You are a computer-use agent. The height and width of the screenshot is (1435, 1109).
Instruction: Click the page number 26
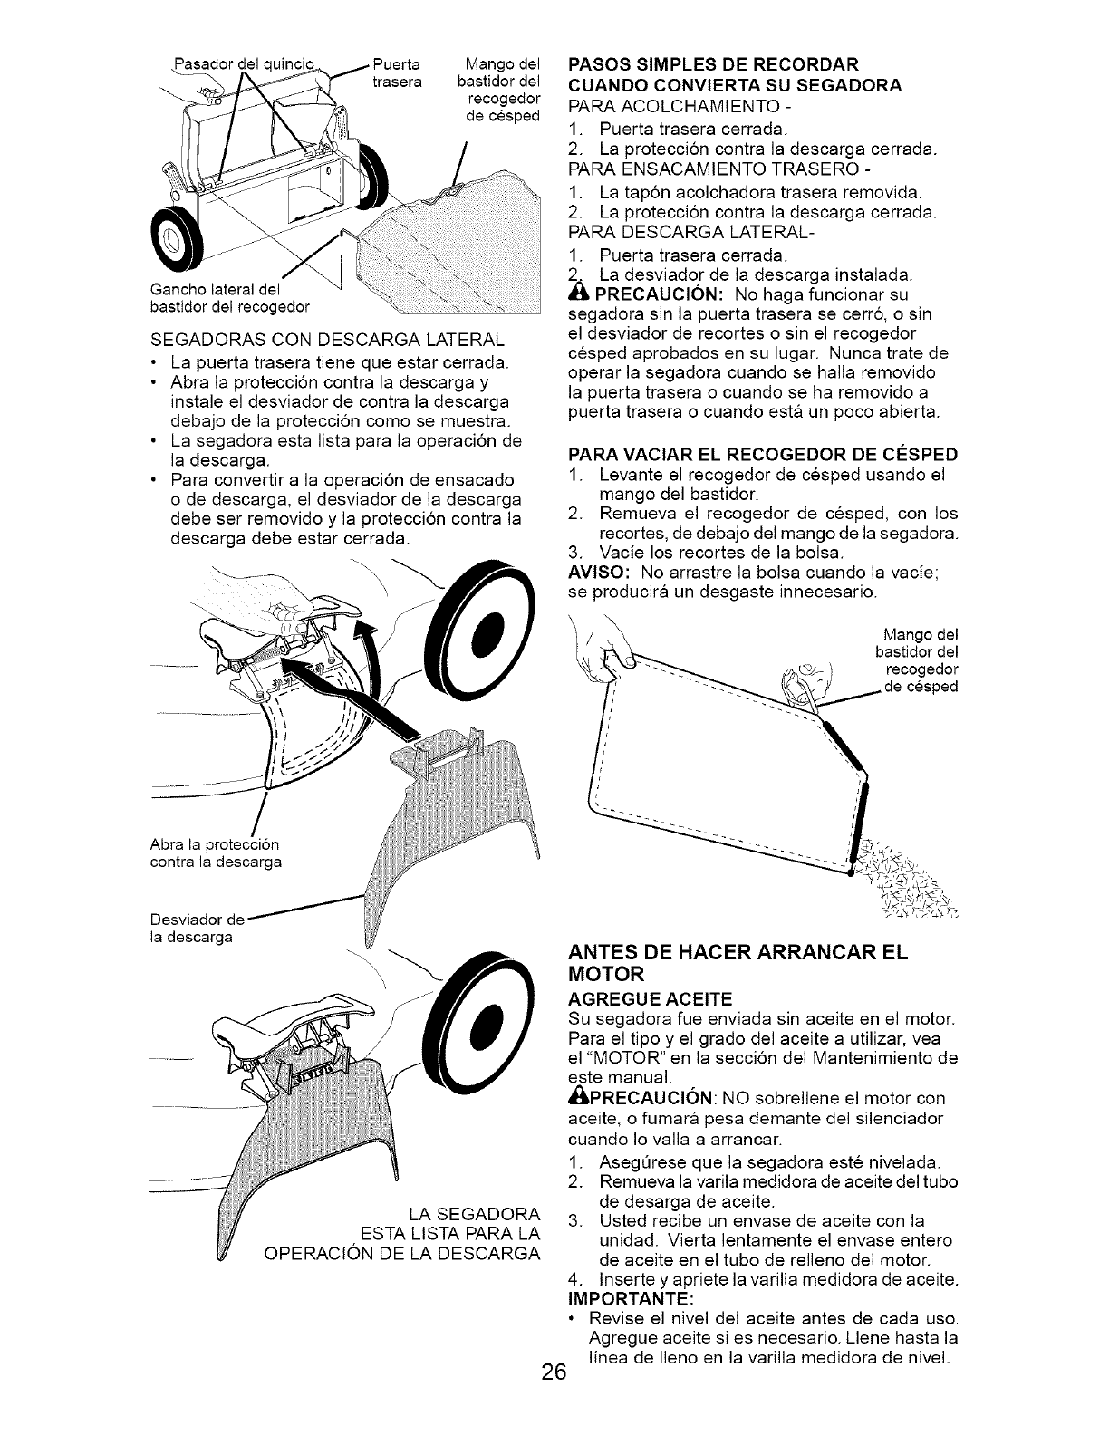[554, 1396]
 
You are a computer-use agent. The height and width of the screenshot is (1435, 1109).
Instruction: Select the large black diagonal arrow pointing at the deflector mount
[353, 696]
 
